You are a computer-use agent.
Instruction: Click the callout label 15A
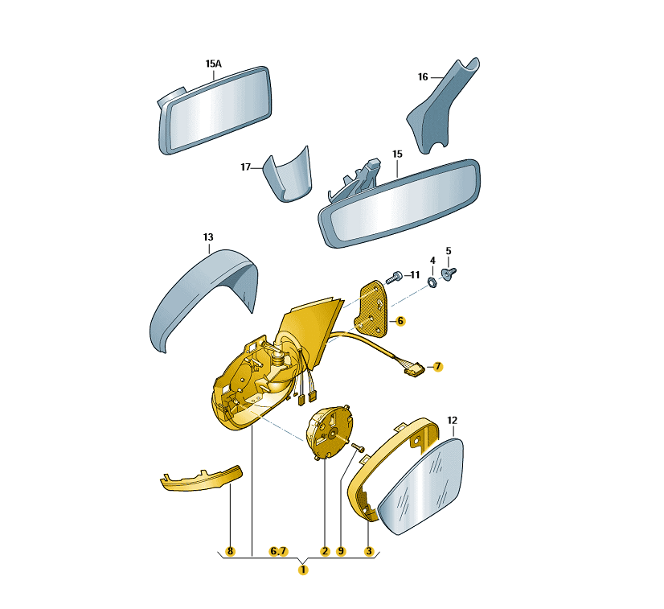click(x=214, y=64)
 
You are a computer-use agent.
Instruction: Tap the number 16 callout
click(x=423, y=76)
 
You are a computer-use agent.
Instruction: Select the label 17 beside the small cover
click(x=246, y=167)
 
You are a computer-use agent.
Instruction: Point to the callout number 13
click(x=208, y=237)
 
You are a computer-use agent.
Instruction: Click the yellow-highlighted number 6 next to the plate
click(x=400, y=321)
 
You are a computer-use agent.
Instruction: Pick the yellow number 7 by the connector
click(x=437, y=366)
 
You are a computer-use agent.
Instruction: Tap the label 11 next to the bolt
click(x=415, y=275)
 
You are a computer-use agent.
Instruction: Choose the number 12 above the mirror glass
click(x=453, y=420)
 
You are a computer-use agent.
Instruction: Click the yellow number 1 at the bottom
click(x=303, y=570)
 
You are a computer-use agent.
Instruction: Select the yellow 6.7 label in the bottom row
click(x=278, y=551)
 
